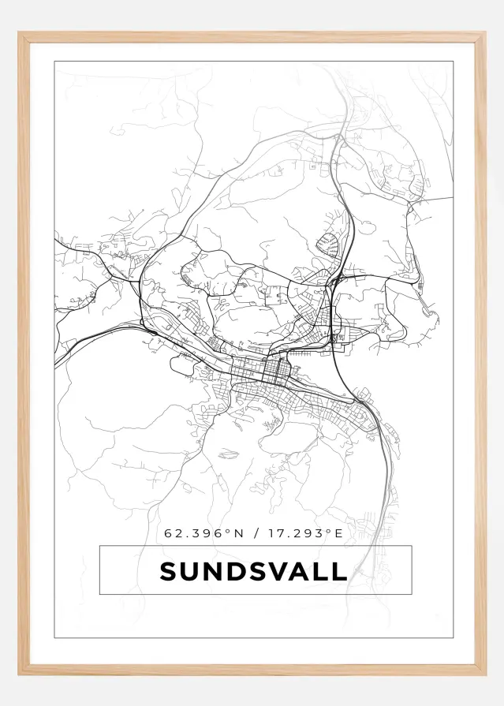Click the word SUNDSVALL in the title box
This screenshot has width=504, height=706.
[253, 571]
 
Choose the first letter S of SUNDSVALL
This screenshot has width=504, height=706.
[168, 571]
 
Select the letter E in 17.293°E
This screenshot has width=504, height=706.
[339, 533]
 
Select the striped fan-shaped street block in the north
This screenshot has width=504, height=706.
[329, 245]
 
